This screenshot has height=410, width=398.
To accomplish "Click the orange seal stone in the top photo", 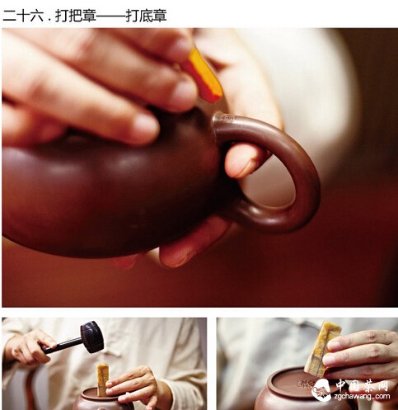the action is pyautogui.click(x=204, y=76).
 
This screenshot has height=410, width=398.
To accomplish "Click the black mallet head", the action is pyautogui.click(x=92, y=337).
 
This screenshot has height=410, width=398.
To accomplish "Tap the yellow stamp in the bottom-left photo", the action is pyautogui.click(x=103, y=379).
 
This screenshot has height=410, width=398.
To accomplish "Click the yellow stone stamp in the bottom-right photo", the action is pyautogui.click(x=322, y=349).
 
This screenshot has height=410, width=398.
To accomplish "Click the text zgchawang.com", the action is pyautogui.click(x=362, y=396).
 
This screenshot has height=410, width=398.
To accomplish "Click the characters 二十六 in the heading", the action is pyautogui.click(x=23, y=16).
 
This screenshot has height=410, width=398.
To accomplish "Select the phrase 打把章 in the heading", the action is pyautogui.click(x=76, y=16).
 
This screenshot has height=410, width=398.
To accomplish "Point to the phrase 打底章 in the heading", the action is pyautogui.click(x=146, y=16).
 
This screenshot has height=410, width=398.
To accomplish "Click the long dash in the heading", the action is pyautogui.click(x=111, y=16).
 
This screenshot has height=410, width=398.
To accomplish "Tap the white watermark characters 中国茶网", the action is pyautogui.click(x=362, y=385).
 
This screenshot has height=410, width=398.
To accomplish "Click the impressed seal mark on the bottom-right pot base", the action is pyautogui.click(x=304, y=384).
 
